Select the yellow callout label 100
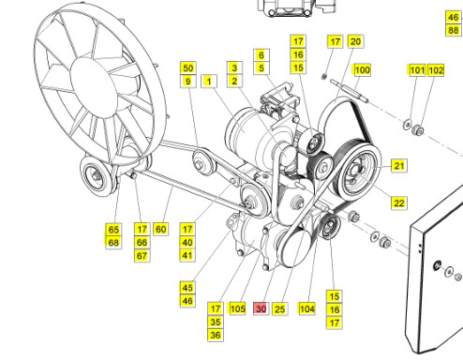pos(362,70)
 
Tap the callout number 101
pos(416,70)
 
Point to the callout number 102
pos(436,70)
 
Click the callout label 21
pos(398,166)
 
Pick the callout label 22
pos(398,202)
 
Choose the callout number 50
pos(187,68)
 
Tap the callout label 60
pos(160,229)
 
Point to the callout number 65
pos(113,229)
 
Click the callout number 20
pos(355,41)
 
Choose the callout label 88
pos(454,30)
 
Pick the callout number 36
pos(216,335)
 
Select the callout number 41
pos(187,255)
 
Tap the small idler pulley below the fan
pos(94,173)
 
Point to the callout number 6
pos(261,55)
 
